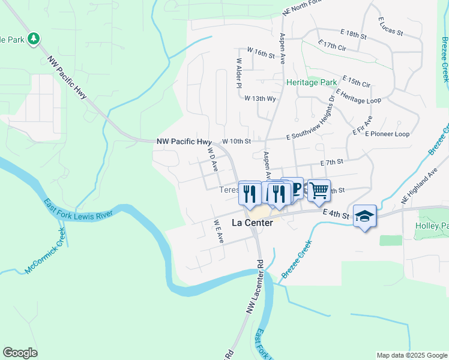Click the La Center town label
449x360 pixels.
tap(252, 223)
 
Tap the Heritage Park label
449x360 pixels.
tap(312, 82)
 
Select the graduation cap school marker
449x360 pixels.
tap(364, 216)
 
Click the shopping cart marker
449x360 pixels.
tap(319, 190)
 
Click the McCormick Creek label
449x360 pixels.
tap(43, 250)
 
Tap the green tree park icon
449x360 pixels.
tap(34, 39)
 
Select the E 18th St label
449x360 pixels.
tap(351, 35)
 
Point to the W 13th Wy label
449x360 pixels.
tap(260, 98)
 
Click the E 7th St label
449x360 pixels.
tap(331, 162)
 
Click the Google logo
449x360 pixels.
tap(20, 353)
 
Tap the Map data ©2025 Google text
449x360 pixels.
tap(411, 355)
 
